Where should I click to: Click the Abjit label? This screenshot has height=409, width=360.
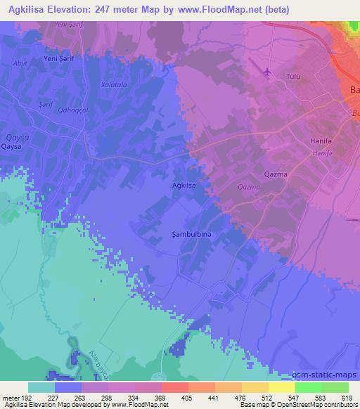tap(21, 63)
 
